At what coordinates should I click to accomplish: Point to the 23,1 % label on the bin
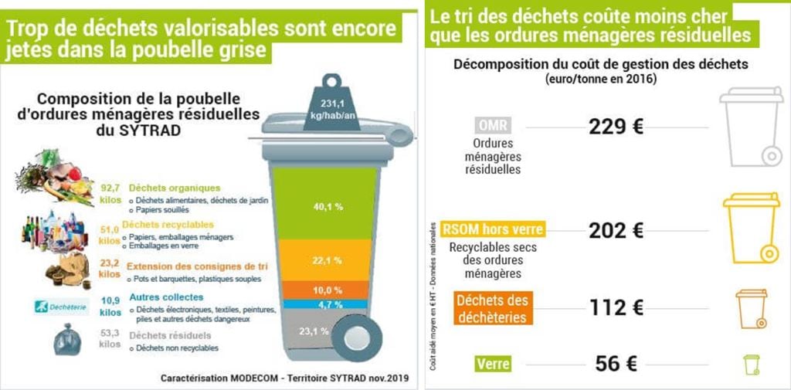point(314,331)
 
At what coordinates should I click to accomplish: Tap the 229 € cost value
point(616,127)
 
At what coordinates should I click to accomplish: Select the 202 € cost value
point(616,230)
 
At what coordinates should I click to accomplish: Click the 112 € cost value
point(616,307)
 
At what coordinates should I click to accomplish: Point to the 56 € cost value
point(616,364)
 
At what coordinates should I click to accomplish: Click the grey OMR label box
point(493,127)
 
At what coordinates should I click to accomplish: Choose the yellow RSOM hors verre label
point(493,229)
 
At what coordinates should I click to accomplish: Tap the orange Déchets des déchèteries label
point(492,308)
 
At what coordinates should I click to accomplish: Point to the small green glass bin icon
point(752,364)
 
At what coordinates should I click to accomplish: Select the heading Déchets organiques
point(175,188)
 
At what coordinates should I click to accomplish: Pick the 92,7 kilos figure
point(111,193)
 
